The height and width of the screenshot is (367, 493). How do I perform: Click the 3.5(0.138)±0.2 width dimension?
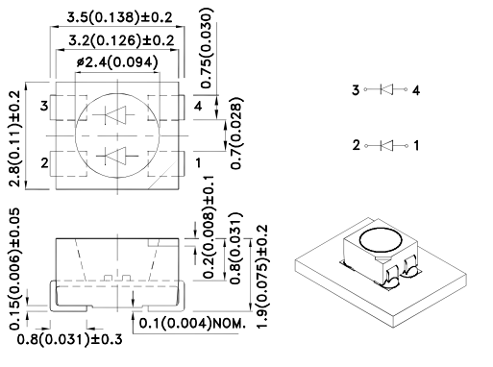(x=119, y=17)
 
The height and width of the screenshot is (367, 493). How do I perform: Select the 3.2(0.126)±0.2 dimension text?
(x=121, y=40)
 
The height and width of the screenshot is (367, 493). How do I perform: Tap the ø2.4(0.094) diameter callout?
(x=117, y=62)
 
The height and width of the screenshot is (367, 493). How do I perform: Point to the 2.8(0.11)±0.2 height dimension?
(x=14, y=138)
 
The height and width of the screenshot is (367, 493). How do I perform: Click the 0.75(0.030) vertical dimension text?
(x=206, y=48)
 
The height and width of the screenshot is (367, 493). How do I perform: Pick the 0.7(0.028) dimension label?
(x=236, y=134)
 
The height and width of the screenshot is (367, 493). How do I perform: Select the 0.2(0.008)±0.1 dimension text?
(x=209, y=228)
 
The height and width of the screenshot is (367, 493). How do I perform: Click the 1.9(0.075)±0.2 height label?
(x=262, y=277)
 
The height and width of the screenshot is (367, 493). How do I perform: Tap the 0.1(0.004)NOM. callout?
(x=192, y=323)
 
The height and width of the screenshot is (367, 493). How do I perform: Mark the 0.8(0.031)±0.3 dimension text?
(x=69, y=339)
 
